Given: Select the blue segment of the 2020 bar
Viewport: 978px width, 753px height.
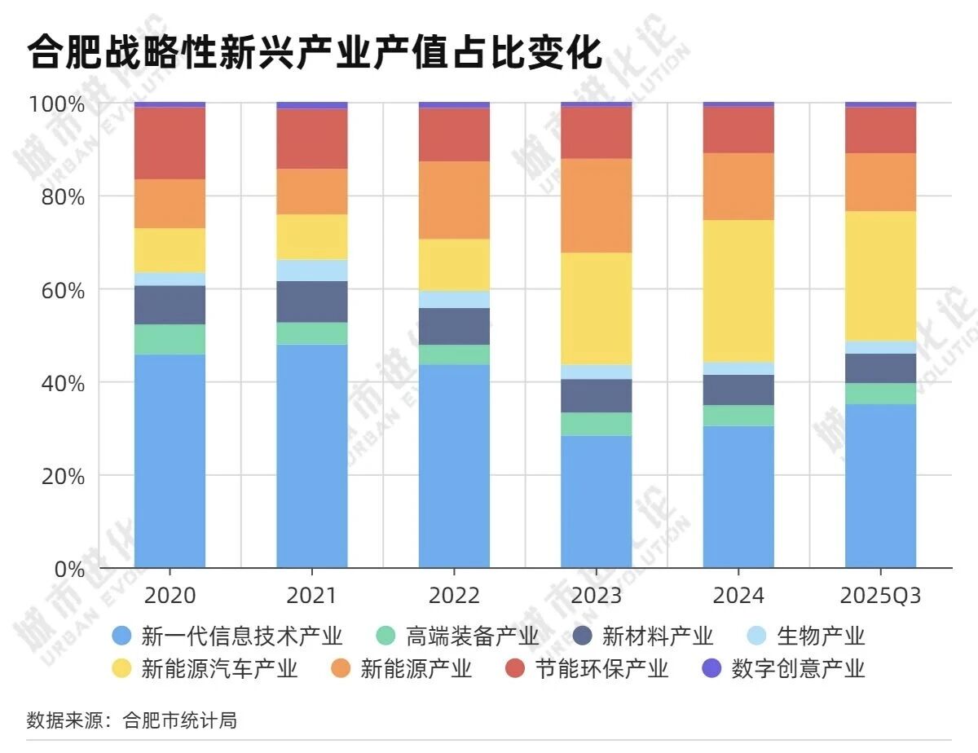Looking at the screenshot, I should [x=170, y=460].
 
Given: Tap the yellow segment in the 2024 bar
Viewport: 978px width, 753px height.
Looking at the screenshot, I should [x=738, y=291].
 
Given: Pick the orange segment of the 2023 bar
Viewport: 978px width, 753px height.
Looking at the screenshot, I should [x=597, y=205].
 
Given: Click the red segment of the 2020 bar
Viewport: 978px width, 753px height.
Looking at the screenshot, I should [x=170, y=143].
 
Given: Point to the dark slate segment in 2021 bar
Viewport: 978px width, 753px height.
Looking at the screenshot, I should [x=312, y=302].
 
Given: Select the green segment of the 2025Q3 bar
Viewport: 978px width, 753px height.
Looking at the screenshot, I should [x=880, y=394].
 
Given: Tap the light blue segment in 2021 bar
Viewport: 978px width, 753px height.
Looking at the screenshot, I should [x=312, y=271].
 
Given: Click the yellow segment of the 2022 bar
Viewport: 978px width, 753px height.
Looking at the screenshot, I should [x=454, y=265].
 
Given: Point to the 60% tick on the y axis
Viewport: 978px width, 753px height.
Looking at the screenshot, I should [x=56, y=290].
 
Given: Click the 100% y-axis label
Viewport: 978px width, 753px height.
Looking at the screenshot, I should [x=56, y=104].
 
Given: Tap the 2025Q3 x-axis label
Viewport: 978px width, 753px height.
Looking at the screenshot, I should [x=880, y=596].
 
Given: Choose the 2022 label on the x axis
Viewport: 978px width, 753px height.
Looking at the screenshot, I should [x=454, y=596].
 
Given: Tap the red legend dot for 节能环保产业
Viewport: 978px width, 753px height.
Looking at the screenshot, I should [x=515, y=669].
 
